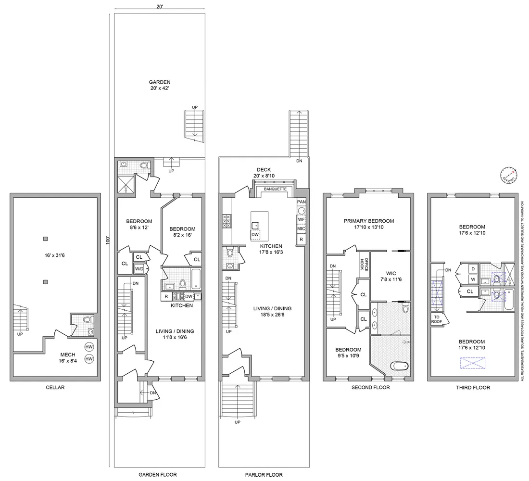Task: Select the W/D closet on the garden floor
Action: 139,268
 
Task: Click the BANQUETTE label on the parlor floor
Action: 275,189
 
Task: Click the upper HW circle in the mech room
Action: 89,347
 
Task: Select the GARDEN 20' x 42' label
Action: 159,85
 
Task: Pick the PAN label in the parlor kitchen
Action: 302,202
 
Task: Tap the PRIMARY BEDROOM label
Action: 368,224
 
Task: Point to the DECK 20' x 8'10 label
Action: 264,173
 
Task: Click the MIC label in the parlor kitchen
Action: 302,229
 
